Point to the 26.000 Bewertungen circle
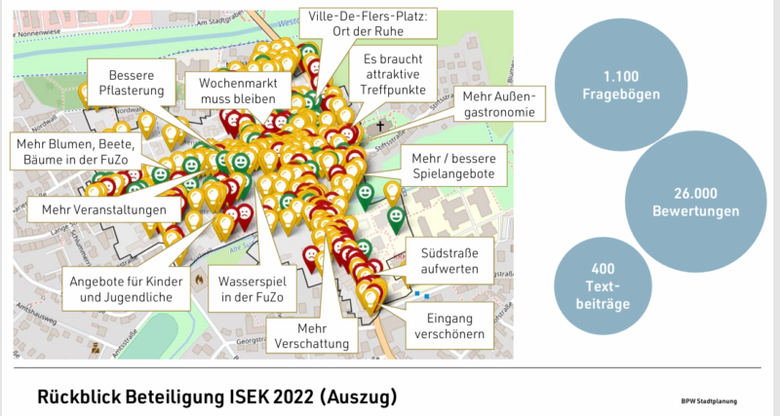click(x=691, y=200)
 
